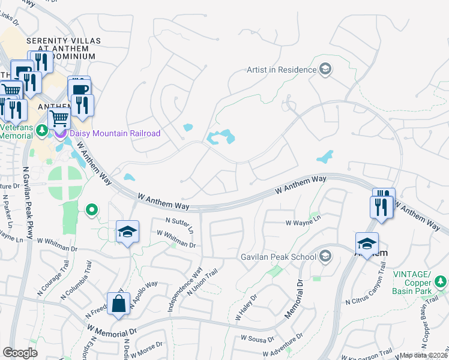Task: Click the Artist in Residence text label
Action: [281, 70]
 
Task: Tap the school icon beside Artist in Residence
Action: [325, 70]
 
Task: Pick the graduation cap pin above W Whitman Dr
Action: [127, 232]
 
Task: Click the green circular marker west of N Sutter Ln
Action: [91, 209]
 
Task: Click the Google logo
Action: [20, 353]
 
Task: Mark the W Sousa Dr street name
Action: [259, 338]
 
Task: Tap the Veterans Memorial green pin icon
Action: [42, 130]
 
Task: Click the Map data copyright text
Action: [424, 355]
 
